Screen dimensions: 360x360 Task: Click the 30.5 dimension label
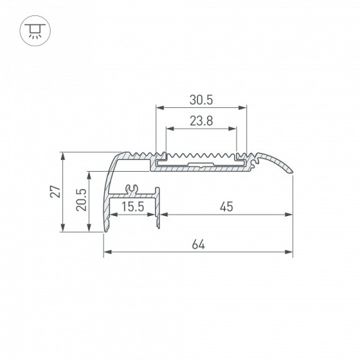point(201,100)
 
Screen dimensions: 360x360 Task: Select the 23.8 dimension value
point(201,121)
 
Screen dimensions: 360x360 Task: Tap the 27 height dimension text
point(55,191)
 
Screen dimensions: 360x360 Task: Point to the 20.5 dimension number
point(81,200)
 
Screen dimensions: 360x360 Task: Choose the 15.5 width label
point(133,206)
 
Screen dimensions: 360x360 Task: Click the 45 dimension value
point(226,206)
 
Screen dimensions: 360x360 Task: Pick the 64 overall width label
point(199,244)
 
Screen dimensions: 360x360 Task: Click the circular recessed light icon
point(35,30)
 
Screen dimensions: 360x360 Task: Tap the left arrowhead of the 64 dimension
point(107,252)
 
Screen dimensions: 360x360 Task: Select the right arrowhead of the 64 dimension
point(289,252)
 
